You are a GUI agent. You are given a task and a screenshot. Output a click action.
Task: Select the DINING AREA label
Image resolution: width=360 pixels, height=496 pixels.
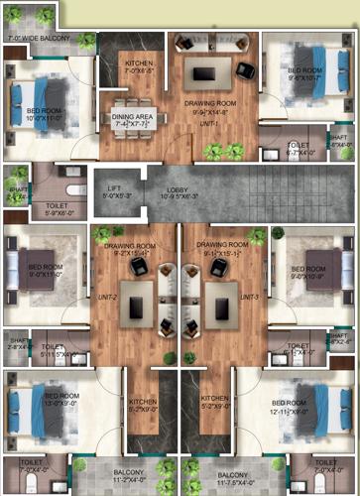[x=132, y=116]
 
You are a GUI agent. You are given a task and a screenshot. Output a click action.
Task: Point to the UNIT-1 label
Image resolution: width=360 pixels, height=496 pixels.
[x=208, y=124]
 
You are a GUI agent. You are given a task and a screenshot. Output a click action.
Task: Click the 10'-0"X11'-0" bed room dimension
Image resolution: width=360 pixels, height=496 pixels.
[x=44, y=117]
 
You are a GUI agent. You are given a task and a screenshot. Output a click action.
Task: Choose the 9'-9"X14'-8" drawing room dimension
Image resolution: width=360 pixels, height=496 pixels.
[x=208, y=112]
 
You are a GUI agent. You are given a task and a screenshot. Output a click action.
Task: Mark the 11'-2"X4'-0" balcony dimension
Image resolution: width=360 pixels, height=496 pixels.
[x=129, y=479]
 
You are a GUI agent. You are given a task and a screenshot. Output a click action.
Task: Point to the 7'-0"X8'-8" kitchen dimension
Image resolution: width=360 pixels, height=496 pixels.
[x=139, y=70]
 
